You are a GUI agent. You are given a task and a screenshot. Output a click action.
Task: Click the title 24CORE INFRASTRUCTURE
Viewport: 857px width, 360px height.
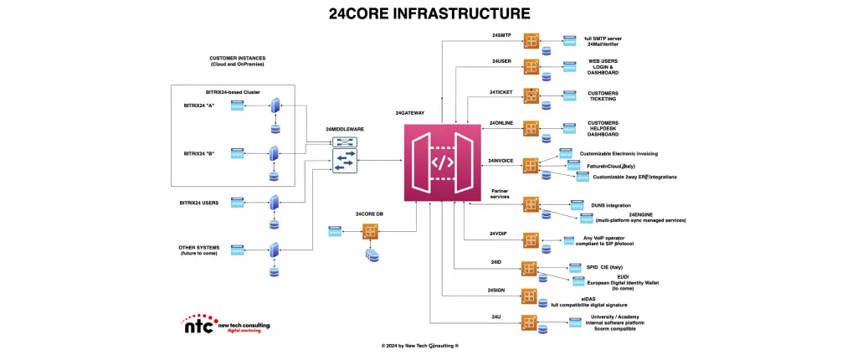click(428, 13)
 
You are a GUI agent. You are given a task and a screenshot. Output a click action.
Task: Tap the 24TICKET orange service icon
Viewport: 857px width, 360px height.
click(531, 95)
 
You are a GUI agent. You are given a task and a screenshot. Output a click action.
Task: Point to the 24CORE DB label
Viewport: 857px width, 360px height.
click(370, 214)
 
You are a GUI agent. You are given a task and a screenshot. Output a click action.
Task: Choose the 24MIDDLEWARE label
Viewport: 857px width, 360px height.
click(345, 130)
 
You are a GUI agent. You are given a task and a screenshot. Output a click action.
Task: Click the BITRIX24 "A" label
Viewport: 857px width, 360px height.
click(198, 105)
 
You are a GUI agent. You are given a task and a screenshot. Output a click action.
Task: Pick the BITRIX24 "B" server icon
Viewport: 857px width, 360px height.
click(274, 154)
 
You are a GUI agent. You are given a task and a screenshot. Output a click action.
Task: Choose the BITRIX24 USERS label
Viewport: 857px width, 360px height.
click(199, 202)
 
